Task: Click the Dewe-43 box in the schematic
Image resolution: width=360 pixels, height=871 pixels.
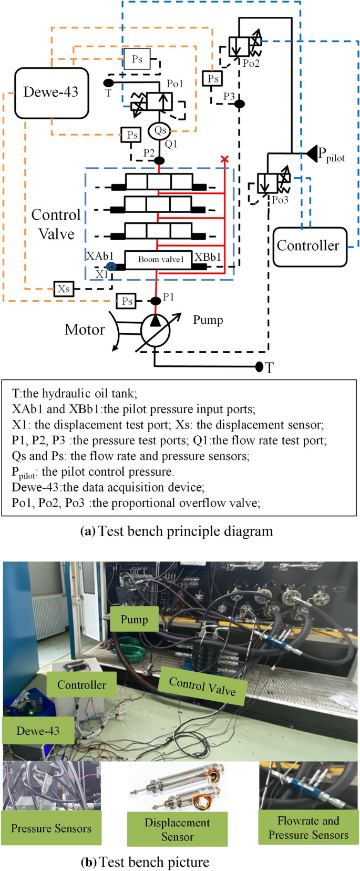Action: pyautogui.click(x=51, y=93)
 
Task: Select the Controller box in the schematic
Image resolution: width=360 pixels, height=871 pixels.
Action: pyautogui.click(x=310, y=246)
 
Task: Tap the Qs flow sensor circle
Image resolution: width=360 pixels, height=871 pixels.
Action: pyautogui.click(x=159, y=130)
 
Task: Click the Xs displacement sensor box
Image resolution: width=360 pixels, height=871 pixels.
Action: pyautogui.click(x=64, y=289)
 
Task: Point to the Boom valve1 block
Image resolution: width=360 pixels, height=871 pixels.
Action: pyautogui.click(x=158, y=259)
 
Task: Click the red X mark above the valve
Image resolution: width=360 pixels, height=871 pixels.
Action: pyautogui.click(x=225, y=159)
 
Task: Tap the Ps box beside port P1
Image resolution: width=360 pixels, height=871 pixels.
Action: pyautogui.click(x=127, y=301)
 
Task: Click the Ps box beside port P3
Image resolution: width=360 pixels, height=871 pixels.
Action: pyautogui.click(x=212, y=79)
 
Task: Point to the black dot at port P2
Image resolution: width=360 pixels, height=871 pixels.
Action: pyautogui.click(x=159, y=160)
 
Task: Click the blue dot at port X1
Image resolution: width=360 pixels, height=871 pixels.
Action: pyautogui.click(x=111, y=267)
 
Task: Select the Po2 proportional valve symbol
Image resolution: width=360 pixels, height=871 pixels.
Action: pyautogui.click(x=245, y=46)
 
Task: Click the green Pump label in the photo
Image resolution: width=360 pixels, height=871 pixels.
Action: pyautogui.click(x=134, y=619)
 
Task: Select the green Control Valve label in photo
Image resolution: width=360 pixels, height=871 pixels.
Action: pyautogui.click(x=202, y=686)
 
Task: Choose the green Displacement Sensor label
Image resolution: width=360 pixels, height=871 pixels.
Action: pyautogui.click(x=177, y=829)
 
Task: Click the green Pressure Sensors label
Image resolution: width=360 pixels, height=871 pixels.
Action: pyautogui.click(x=51, y=828)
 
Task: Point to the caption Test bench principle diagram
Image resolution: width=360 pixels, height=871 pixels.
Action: pyautogui.click(x=177, y=531)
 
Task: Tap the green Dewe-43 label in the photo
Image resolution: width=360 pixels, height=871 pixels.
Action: pyautogui.click(x=38, y=731)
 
